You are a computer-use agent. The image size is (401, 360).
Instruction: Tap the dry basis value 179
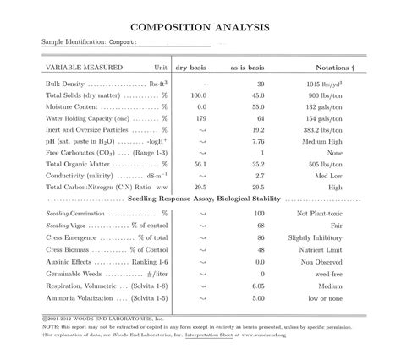tap(200, 119)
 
